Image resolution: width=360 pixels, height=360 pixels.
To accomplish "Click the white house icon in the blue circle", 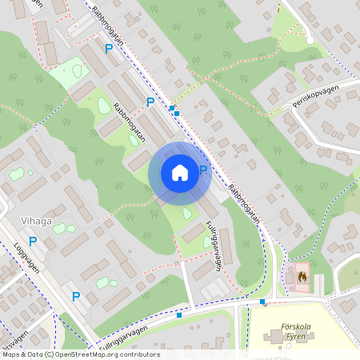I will pos(180,173).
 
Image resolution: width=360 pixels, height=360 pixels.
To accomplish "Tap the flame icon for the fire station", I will pos(302,276).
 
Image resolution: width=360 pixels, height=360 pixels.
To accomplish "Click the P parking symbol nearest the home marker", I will pos(203,170).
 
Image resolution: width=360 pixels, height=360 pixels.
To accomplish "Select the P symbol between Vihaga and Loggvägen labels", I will pos(33,241).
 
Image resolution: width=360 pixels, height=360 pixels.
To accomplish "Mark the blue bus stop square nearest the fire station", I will pos(262,302).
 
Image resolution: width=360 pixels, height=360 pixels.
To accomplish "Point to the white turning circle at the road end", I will pos(310,39).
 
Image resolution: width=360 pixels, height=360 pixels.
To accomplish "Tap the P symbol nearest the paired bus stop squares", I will pos(150,102).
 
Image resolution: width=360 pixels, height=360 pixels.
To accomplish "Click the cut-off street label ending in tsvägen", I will pos(14,335).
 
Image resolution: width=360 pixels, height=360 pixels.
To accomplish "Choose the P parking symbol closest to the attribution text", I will pos(76,296).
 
